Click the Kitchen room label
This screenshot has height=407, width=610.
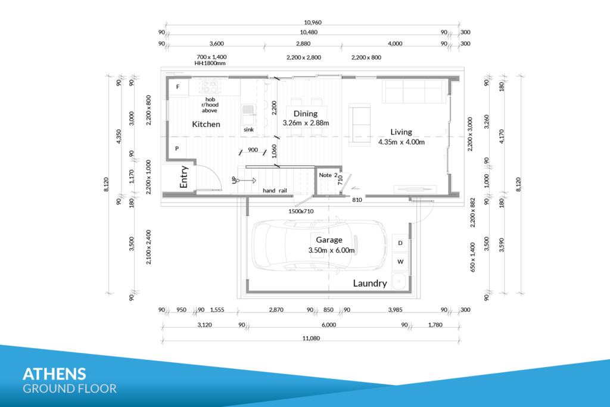(206, 124)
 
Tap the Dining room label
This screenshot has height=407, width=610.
(306, 114)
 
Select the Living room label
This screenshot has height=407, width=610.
(401, 132)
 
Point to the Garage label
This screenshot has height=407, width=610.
(329, 240)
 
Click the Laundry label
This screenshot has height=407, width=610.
(370, 283)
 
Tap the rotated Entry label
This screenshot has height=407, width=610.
(183, 177)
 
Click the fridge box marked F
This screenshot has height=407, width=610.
(178, 87)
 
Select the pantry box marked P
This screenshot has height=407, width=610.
(177, 148)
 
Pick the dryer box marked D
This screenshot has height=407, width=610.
(400, 243)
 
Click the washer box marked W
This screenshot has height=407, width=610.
(400, 262)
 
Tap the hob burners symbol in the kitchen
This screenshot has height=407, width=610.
(210, 86)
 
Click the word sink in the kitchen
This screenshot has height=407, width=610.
(248, 129)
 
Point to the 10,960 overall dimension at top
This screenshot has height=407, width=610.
(312, 23)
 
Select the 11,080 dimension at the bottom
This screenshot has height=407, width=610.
(311, 338)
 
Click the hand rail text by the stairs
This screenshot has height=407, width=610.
(275, 190)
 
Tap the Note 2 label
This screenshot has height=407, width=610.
(328, 175)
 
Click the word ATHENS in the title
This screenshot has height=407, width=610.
(54, 374)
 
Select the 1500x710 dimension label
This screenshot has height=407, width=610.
(301, 212)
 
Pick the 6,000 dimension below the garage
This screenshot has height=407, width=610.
(329, 325)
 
